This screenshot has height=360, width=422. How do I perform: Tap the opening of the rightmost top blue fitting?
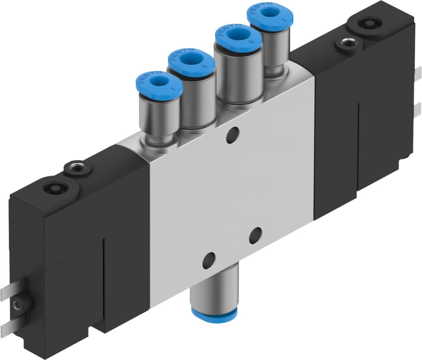tap(270, 12)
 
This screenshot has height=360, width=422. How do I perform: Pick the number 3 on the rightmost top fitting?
tap(284, 18)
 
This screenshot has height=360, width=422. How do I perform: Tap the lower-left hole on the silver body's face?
tap(209, 261)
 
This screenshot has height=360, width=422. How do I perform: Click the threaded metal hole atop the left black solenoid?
tap(75, 167)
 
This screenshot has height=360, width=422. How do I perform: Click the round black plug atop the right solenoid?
tap(367, 24)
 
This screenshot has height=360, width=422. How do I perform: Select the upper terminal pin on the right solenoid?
tap(418, 74)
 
